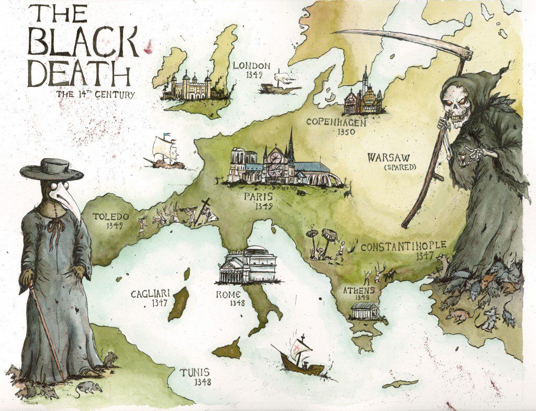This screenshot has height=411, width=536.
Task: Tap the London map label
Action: click(x=251, y=66)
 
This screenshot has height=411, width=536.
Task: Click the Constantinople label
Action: click(x=403, y=246)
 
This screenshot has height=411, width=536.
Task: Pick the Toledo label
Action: click(x=110, y=216)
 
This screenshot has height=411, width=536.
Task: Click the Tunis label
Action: click(x=195, y=373)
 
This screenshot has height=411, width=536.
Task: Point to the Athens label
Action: click(x=359, y=290)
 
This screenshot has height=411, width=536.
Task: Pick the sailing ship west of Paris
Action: click(x=166, y=153)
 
